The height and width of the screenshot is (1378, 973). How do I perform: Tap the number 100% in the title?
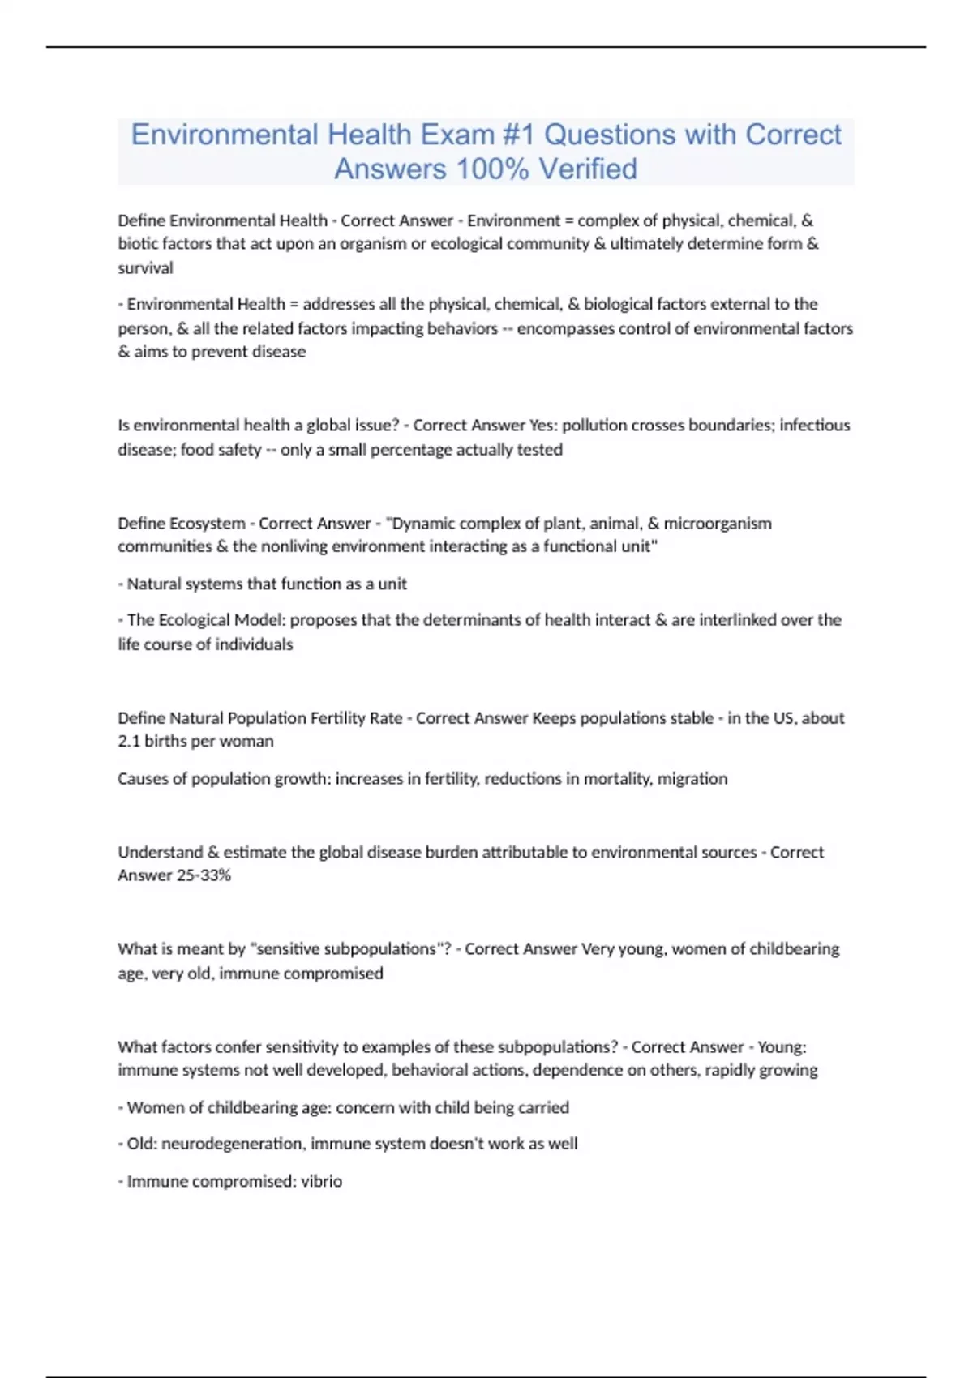click(492, 169)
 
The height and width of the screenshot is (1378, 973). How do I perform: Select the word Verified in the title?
click(588, 169)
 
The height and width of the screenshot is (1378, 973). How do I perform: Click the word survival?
click(145, 267)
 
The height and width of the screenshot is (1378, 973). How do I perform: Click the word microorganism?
click(718, 523)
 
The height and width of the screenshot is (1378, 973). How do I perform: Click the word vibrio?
click(322, 1181)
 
